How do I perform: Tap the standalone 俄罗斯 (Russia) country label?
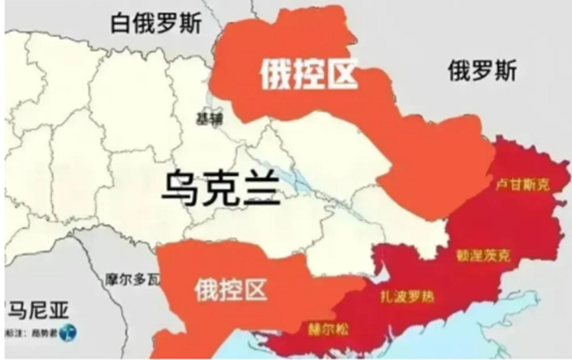(482, 71)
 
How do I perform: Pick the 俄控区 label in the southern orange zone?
(231, 289)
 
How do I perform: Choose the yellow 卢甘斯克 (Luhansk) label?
(522, 185)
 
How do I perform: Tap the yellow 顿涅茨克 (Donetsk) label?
(483, 256)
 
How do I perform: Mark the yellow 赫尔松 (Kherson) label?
(328, 330)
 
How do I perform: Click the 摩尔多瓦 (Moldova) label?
(132, 280)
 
